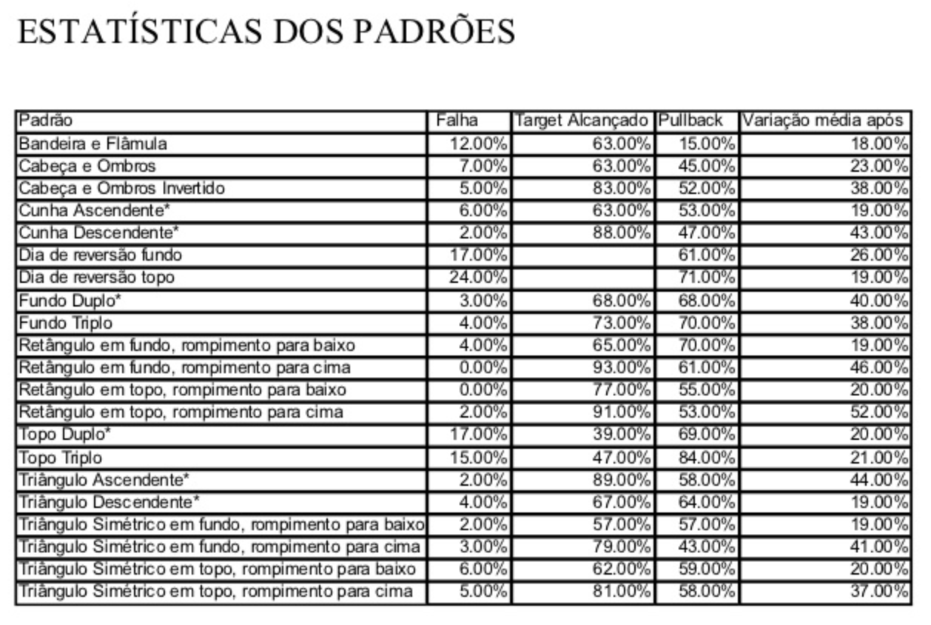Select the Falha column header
coord(457,121)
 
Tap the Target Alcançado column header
coord(582,121)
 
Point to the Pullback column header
coord(690,121)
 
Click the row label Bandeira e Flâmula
coord(93,143)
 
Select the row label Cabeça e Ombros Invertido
coord(121,188)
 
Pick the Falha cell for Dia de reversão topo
coord(479,278)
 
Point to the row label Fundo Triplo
coord(66,323)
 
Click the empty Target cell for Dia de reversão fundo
coord(582,255)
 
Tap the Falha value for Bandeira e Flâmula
coord(479,143)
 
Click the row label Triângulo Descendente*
coord(109,502)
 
